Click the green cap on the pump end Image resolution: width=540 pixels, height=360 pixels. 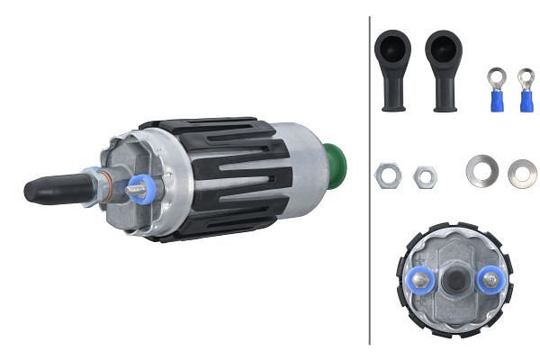(x=335, y=166)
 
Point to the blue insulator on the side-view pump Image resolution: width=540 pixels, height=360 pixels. (x=141, y=189)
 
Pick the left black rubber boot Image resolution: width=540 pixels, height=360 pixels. (x=393, y=68)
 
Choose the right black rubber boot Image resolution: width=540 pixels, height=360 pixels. (x=444, y=68)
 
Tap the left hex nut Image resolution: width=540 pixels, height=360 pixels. (x=388, y=175)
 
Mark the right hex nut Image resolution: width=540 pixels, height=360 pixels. (x=425, y=176)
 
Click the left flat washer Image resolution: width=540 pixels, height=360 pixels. (x=481, y=170)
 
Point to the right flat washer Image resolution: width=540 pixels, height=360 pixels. (x=522, y=173)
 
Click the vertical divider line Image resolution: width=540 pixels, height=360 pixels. (x=370, y=180)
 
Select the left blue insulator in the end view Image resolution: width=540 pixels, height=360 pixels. (x=421, y=280)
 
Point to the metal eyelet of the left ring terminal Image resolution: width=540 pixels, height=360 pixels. (x=495, y=78)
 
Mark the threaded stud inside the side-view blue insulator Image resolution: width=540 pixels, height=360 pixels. (x=135, y=189)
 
